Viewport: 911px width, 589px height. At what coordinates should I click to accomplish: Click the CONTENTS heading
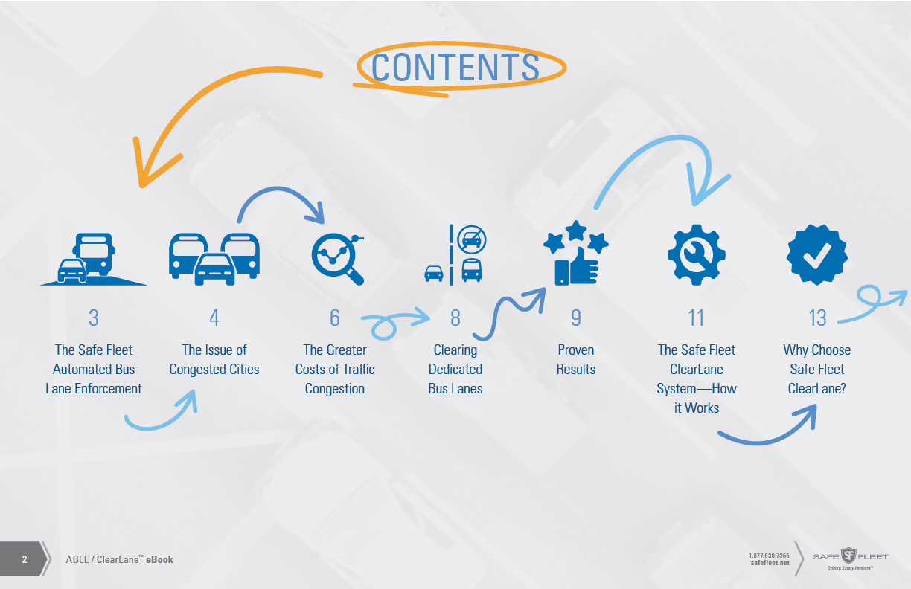[x=455, y=67]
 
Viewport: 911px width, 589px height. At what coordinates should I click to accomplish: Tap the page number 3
[x=93, y=318]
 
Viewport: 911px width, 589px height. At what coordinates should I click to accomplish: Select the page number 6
[x=335, y=318]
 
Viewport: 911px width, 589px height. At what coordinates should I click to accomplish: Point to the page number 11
[x=696, y=318]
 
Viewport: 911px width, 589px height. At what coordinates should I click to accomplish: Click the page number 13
[x=816, y=318]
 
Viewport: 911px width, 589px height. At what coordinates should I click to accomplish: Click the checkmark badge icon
[x=817, y=255]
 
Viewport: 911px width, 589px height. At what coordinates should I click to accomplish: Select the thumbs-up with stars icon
[x=576, y=255]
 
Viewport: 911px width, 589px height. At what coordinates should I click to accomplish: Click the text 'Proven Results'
[x=576, y=359]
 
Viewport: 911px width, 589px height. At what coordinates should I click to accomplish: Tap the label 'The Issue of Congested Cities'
[x=214, y=359]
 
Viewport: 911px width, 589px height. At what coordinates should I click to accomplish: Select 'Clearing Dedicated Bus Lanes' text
[x=455, y=369]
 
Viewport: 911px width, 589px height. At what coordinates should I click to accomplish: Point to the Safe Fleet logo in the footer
[x=850, y=557]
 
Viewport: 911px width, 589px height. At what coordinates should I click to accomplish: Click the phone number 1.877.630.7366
[x=769, y=555]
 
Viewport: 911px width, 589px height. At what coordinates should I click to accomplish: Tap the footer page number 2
[x=25, y=559]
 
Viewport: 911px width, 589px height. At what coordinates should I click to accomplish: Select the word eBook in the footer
[x=159, y=559]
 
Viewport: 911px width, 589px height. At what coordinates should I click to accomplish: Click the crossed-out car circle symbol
[x=472, y=239]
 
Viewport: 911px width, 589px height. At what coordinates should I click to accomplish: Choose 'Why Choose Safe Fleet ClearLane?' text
[x=816, y=369]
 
